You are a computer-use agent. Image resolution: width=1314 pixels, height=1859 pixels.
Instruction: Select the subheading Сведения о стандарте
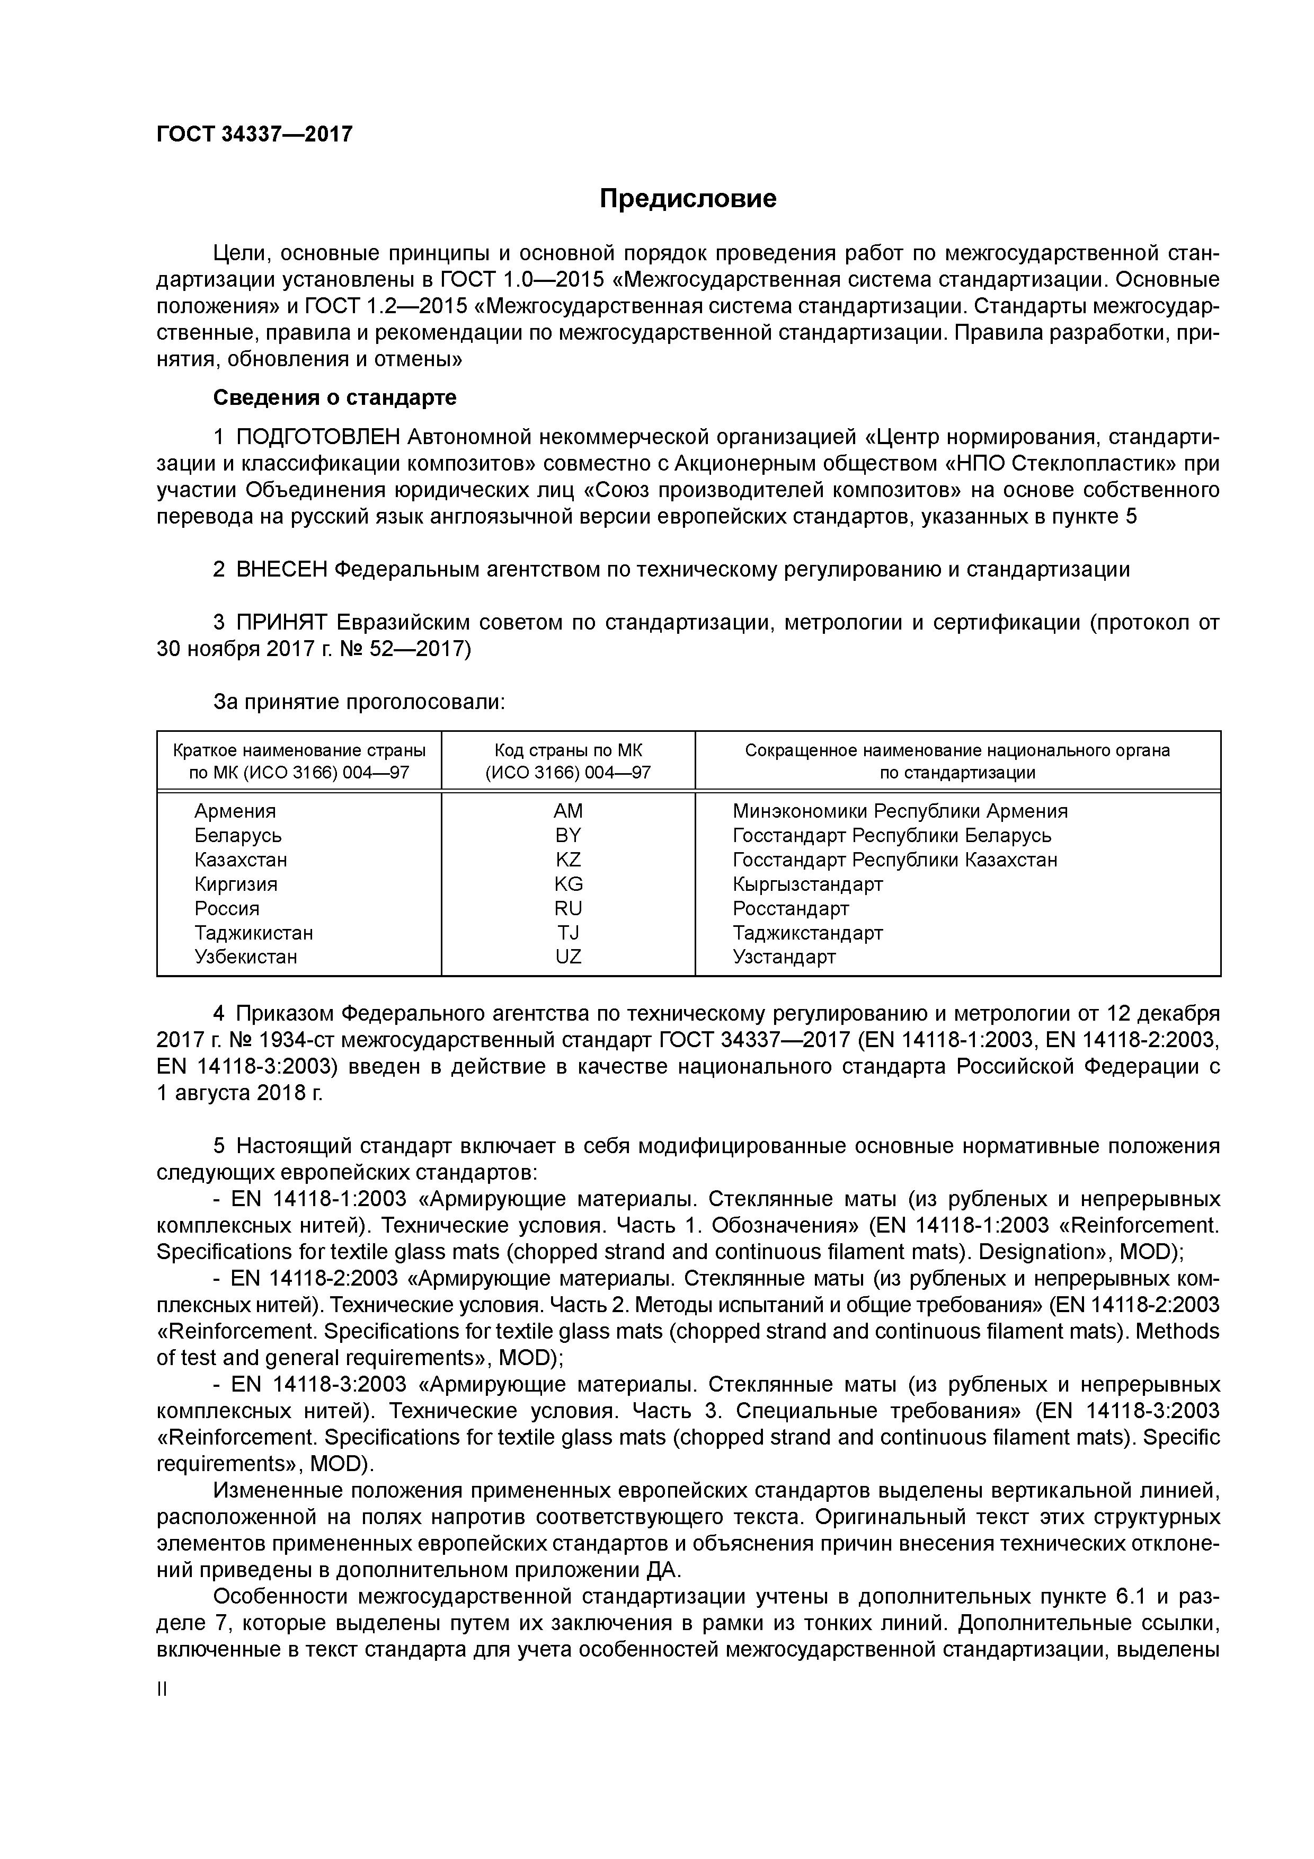tap(334, 397)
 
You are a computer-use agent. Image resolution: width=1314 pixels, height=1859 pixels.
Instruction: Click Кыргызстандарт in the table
tap(807, 883)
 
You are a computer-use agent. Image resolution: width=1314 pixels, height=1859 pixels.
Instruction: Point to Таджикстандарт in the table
tap(807, 932)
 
